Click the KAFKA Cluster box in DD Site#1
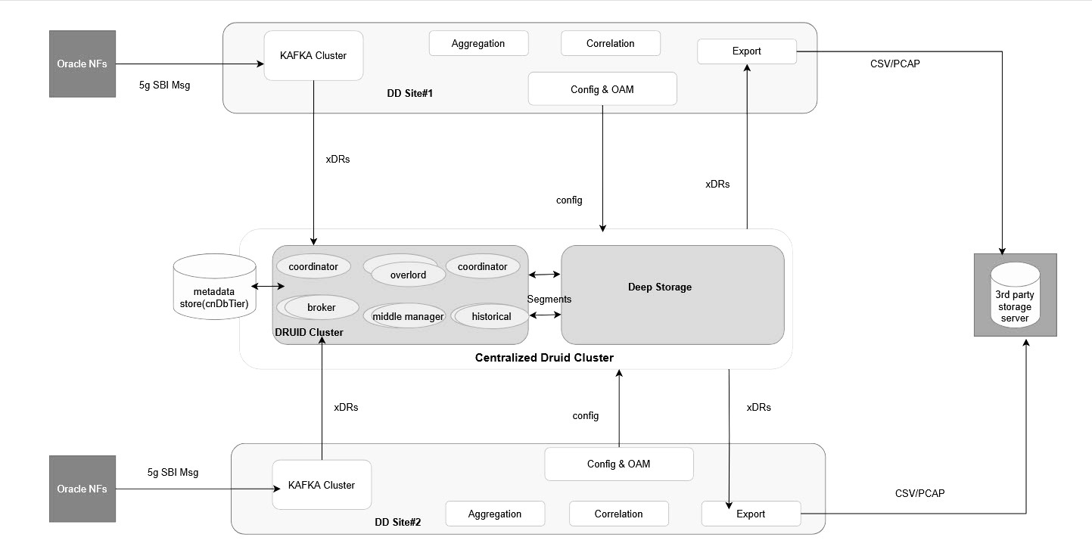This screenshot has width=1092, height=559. coord(313,55)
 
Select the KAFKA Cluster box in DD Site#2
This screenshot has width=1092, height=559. coord(322,485)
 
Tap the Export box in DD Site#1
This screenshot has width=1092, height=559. coord(746,51)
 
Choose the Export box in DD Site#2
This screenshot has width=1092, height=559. coord(751,514)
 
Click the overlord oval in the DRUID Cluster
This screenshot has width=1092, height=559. coord(408,275)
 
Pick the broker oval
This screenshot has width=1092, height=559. coord(321,307)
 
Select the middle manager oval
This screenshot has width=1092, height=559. coord(408,316)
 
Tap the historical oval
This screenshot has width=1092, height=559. coord(491,316)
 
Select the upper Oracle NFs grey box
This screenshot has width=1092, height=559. coord(82,64)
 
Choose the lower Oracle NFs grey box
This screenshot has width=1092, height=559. coord(82,489)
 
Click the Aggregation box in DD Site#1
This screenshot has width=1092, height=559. coord(478,43)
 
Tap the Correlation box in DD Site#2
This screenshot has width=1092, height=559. coord(618,514)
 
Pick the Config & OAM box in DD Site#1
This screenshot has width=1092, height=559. coord(602,89)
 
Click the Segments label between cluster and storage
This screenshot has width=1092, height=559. coord(549,299)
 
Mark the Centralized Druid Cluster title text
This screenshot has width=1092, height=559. coord(543,357)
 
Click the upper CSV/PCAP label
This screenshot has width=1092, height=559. coord(895,64)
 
